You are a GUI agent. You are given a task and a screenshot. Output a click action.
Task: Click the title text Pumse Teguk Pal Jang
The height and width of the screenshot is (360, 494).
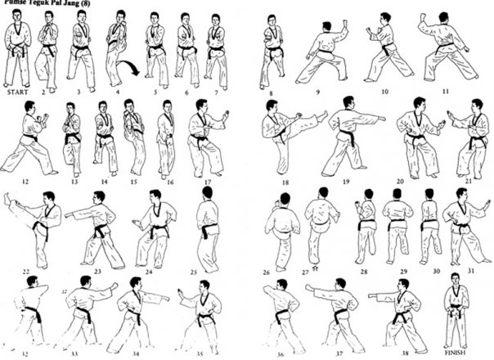[45, 4]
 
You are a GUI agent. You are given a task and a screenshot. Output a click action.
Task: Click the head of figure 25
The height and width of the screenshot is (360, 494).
[207, 193]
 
